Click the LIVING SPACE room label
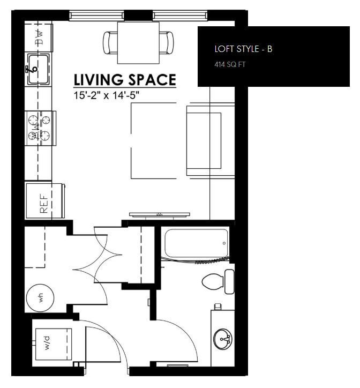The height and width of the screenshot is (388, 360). coord(124,80)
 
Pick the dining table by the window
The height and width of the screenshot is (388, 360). coord(138,42)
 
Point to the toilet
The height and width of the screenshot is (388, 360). coord(220,281)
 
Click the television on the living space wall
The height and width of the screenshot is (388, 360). coord(159,215)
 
